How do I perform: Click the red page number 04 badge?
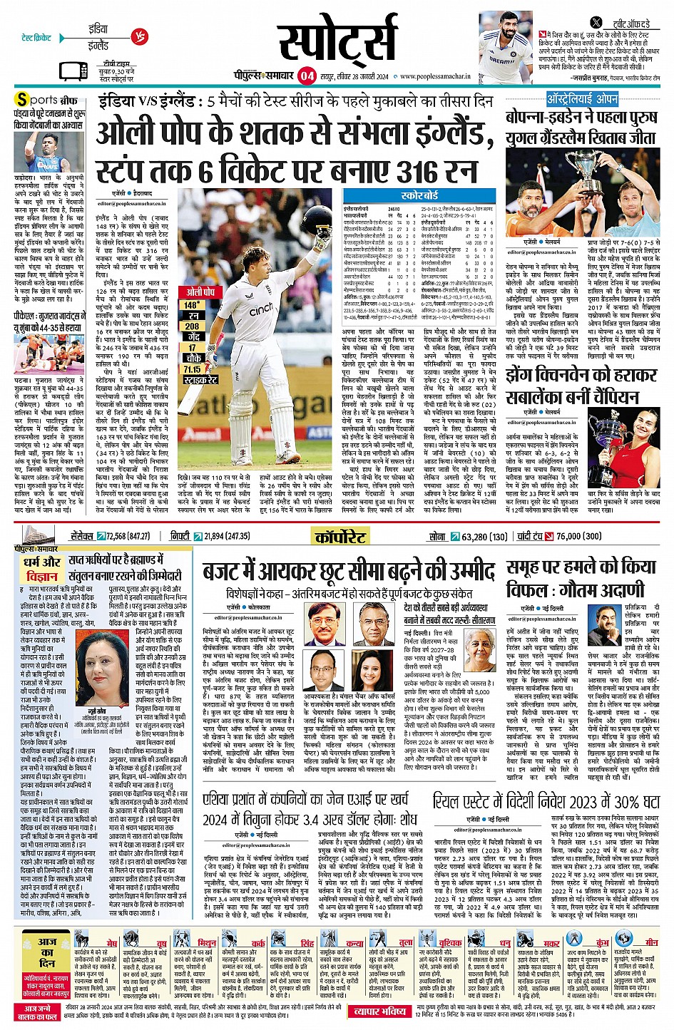point(307,76)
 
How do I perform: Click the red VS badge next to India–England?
point(140,37)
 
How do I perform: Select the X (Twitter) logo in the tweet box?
point(596,23)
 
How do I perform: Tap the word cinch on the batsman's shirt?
point(262,309)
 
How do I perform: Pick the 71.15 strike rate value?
point(192,369)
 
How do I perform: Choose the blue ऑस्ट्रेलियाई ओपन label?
point(582,99)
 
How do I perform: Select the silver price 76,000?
point(567,536)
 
